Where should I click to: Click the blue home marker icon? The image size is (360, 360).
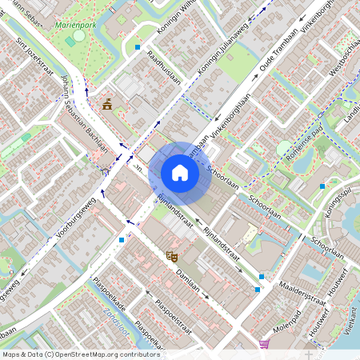(x=180, y=173)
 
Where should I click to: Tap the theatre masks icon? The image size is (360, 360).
(x=170, y=256)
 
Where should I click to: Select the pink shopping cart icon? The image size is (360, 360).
(x=264, y=344)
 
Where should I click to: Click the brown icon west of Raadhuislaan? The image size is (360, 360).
(x=107, y=103)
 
